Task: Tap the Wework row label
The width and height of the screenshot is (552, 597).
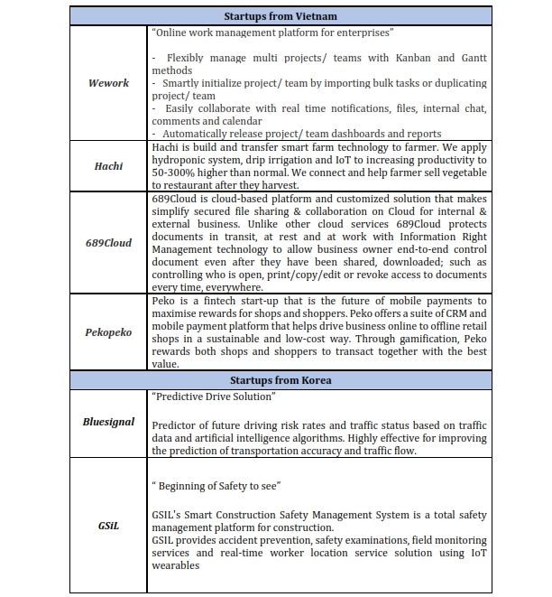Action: pyautogui.click(x=108, y=83)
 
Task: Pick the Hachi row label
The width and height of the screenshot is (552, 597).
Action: pyautogui.click(x=108, y=166)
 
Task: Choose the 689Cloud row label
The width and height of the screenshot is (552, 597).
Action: pyautogui.click(x=108, y=243)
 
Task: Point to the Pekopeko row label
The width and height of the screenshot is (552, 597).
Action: pyautogui.click(x=108, y=332)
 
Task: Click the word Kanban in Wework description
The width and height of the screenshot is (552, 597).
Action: pyautogui.click(x=413, y=58)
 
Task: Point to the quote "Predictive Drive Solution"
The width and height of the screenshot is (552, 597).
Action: pyautogui.click(x=213, y=396)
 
